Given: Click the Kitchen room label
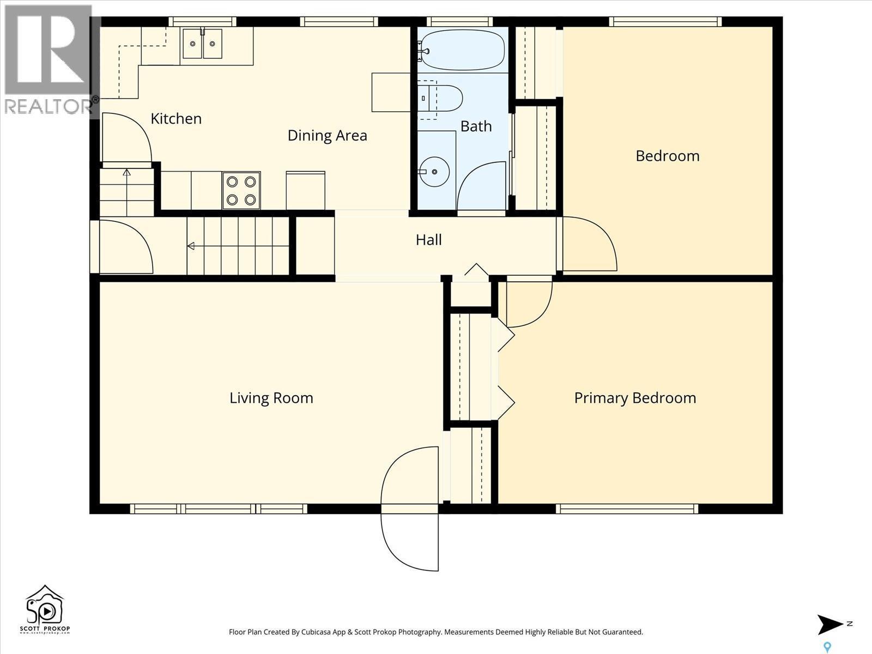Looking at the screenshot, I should click(x=176, y=119).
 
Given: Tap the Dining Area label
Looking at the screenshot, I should click(x=327, y=136).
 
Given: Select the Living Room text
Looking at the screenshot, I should click(x=271, y=398).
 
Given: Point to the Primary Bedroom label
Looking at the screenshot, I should click(x=635, y=398).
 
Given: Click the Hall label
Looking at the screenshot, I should click(x=428, y=240).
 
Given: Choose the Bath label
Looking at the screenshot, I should click(x=476, y=126).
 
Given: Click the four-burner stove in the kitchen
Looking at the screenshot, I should click(x=241, y=191).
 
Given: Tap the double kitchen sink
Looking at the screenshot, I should click(x=202, y=44).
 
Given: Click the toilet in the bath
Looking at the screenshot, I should click(x=441, y=99).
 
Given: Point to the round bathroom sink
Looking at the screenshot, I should click(x=434, y=171).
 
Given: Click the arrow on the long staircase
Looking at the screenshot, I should click(x=191, y=246).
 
